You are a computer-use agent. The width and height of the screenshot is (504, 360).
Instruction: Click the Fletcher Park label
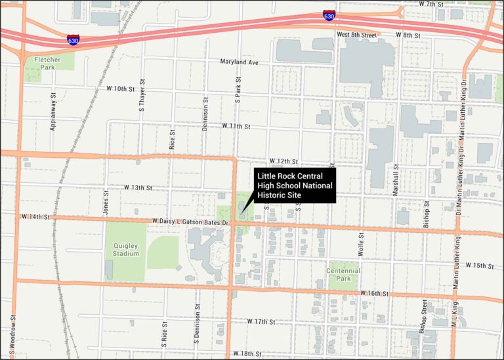45,63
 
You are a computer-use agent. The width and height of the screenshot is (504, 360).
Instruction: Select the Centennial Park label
344,274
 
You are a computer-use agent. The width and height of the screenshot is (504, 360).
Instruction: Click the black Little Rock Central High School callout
295,186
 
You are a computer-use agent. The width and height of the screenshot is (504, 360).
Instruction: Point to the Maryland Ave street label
240,62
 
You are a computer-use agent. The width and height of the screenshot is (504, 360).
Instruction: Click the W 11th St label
236,125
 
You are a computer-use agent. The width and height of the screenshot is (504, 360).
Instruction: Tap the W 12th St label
283,161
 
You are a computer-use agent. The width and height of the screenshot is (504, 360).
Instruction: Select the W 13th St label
138,188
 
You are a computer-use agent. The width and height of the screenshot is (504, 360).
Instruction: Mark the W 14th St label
35,216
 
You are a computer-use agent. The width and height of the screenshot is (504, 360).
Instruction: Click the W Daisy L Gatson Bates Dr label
190,222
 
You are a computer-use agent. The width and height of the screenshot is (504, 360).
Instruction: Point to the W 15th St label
479,266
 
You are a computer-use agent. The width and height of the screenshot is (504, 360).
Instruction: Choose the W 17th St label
261,322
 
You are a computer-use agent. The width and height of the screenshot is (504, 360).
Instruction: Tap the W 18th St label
247,354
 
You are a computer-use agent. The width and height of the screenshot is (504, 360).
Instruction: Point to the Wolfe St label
361,243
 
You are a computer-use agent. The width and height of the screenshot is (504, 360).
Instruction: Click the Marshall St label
396,178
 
